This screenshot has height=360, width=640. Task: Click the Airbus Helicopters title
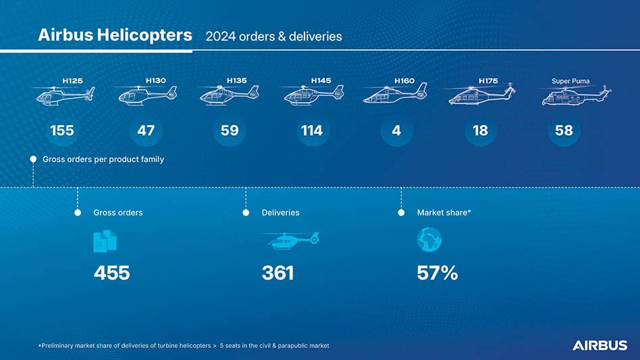[x=115, y=35]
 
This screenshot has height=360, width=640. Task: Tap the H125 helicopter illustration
[x=65, y=95]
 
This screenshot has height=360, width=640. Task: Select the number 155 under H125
[x=62, y=130]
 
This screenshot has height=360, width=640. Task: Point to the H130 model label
[x=155, y=80]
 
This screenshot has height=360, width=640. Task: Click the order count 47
[x=146, y=130]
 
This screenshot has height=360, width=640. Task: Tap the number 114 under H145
[x=312, y=130]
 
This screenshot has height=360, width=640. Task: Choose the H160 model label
[x=404, y=81]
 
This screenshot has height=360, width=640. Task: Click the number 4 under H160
[x=396, y=130]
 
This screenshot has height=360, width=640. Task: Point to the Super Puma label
[x=570, y=81]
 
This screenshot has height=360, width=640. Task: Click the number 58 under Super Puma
[x=564, y=130]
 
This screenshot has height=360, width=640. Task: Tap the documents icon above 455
[x=105, y=241]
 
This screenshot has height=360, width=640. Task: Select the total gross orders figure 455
[x=112, y=273]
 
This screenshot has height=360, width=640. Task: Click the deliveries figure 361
[x=277, y=273]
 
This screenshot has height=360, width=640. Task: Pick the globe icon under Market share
[x=429, y=239]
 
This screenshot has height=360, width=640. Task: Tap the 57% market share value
[x=437, y=273]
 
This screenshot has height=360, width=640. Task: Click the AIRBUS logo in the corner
[x=599, y=345]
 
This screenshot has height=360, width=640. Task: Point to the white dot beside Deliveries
[x=246, y=213]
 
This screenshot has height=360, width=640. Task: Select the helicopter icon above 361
[x=290, y=240]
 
